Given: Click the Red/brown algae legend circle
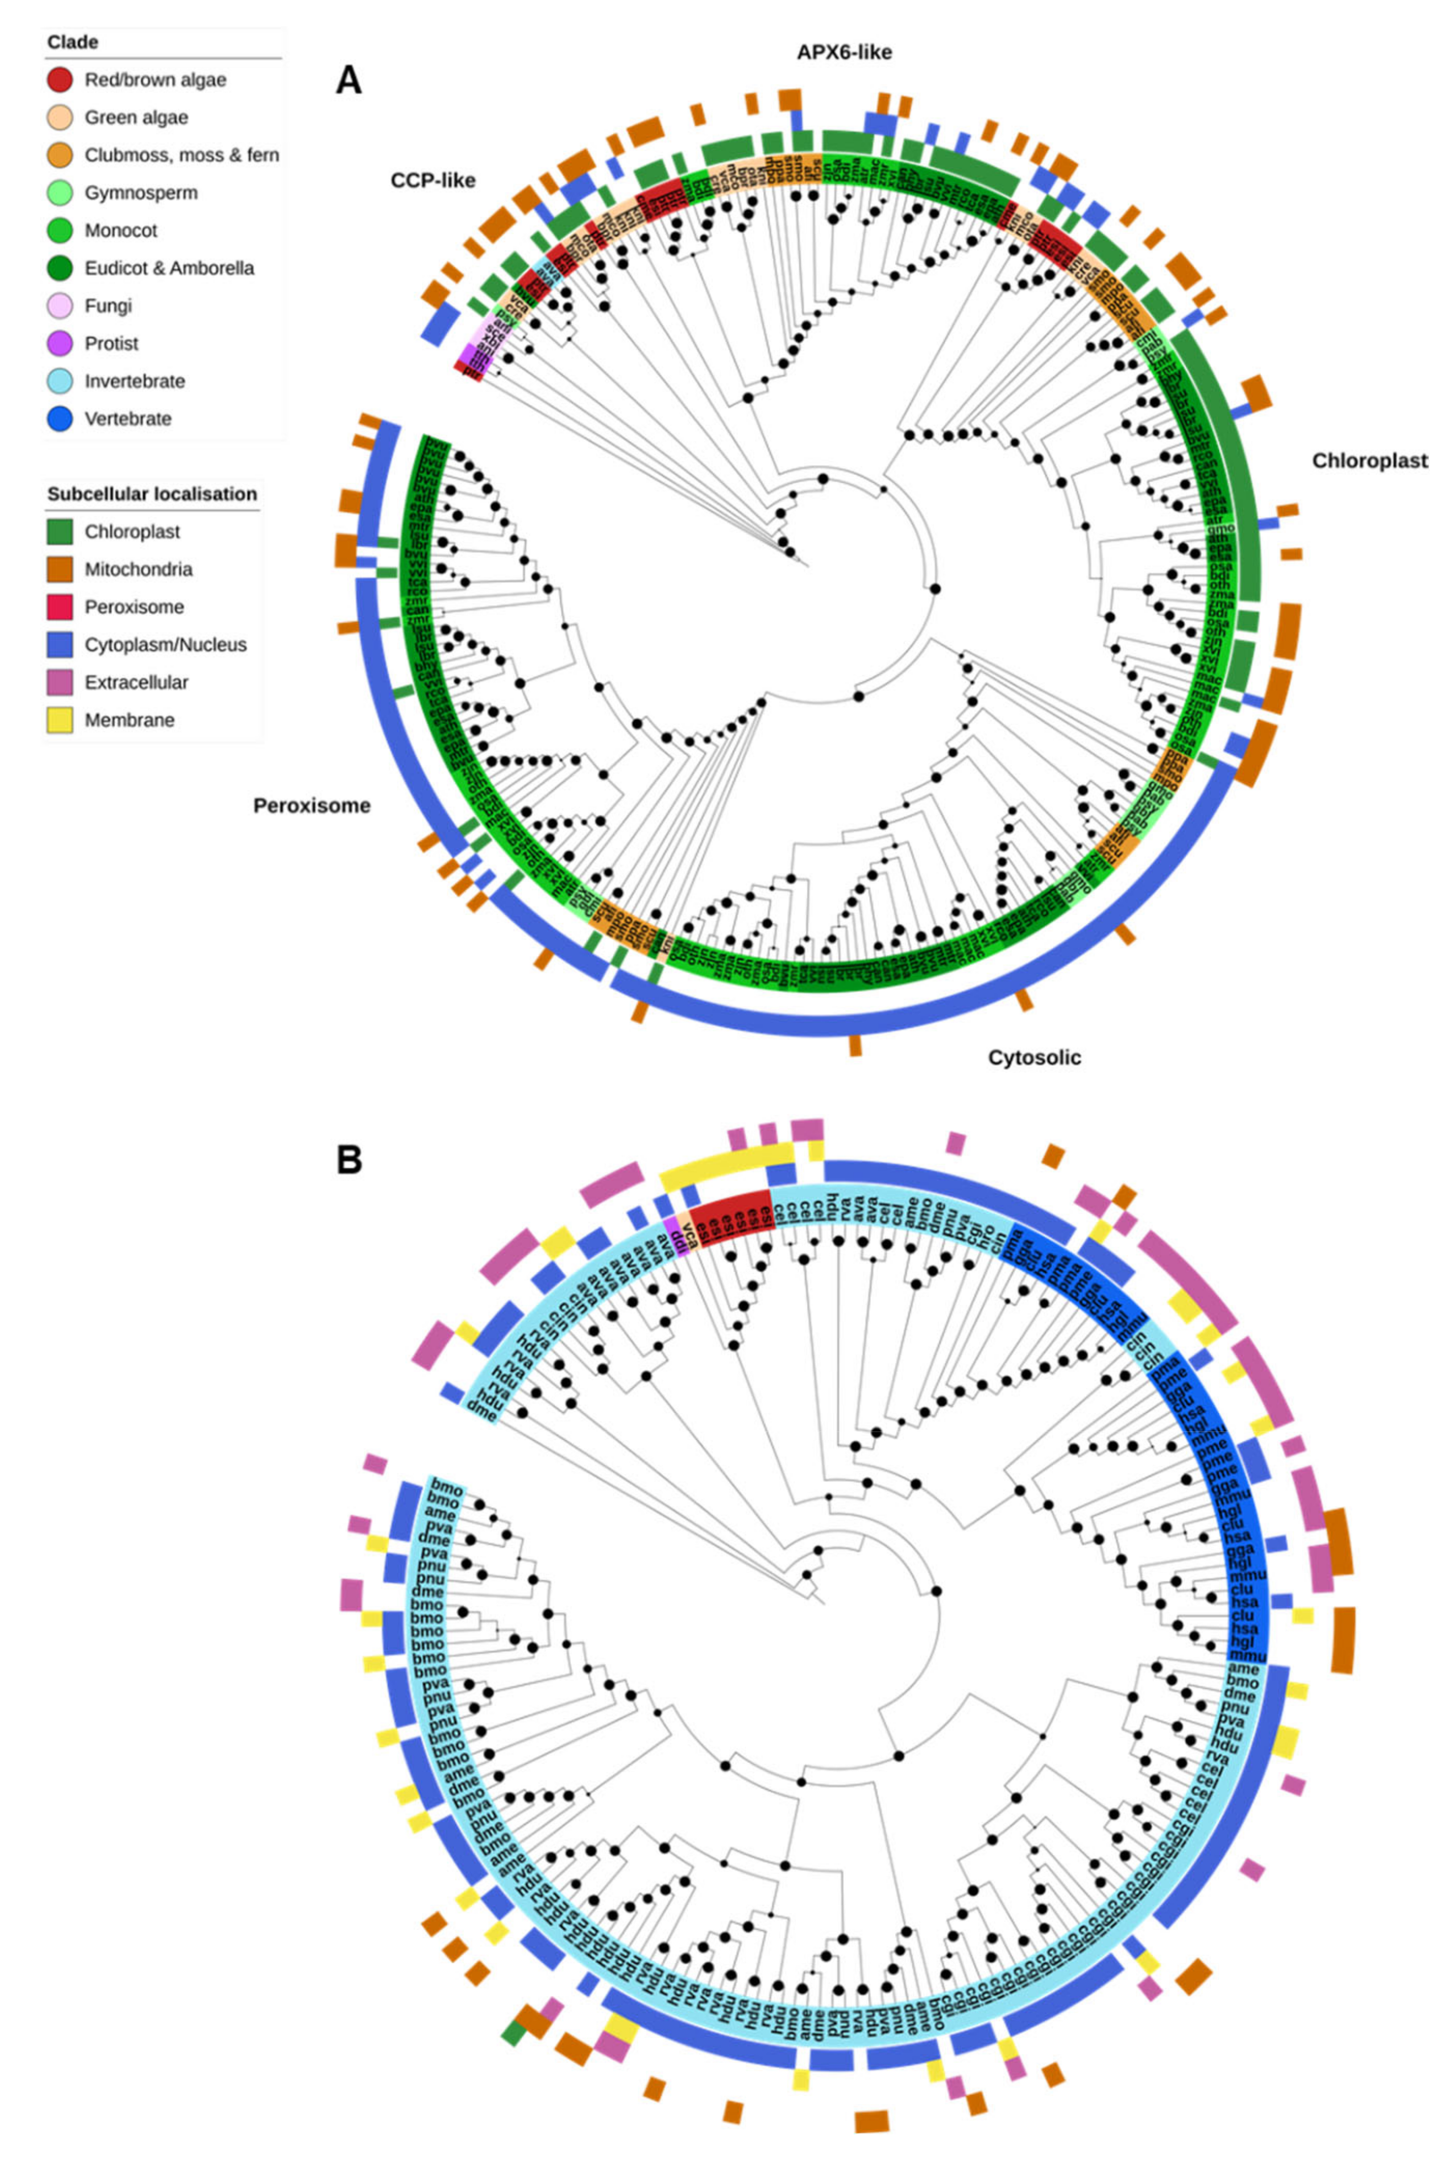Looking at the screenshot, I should click(60, 80).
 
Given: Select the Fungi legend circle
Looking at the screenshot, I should click(60, 306).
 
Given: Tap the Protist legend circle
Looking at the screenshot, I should click(60, 344).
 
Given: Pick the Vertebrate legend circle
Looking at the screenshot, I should click(60, 419).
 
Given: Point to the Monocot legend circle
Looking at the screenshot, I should click(60, 230).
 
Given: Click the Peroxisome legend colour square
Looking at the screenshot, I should click(60, 607).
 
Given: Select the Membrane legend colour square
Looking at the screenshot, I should click(60, 720).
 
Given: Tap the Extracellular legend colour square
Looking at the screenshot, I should click(60, 682).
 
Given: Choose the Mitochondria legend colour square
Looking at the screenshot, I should click(60, 569).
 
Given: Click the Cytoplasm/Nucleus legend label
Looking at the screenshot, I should click(165, 644).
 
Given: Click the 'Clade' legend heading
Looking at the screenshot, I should click(72, 42).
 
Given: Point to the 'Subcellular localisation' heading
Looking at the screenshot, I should click(152, 494).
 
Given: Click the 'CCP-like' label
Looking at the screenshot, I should click(433, 180).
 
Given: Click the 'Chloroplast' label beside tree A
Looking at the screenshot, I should click(1369, 462).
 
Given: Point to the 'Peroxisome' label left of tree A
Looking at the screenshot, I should click(312, 806).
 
